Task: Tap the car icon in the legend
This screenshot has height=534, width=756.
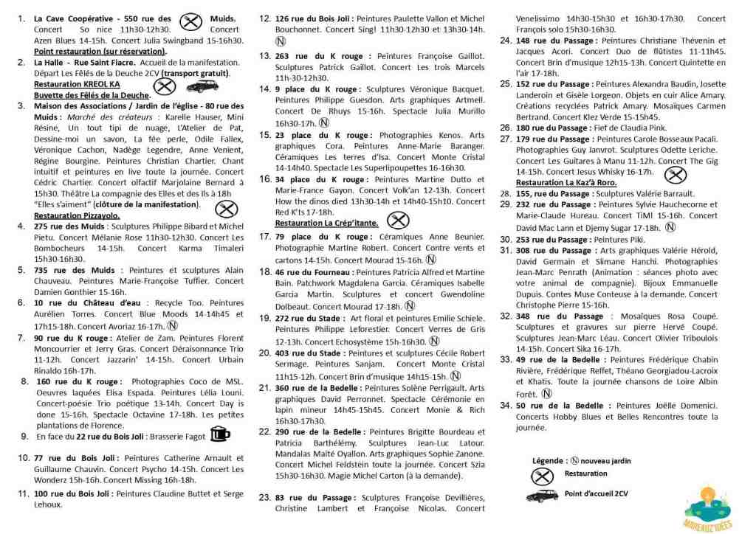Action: click(545, 493)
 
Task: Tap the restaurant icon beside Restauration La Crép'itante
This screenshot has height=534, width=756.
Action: click(399, 220)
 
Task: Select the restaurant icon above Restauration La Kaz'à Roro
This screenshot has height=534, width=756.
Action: click(673, 175)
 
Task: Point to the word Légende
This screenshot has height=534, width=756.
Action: click(549, 460)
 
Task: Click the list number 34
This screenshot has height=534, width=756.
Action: click(506, 405)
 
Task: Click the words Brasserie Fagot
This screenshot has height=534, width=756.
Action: click(176, 437)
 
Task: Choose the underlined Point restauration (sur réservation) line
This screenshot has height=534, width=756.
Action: click(100, 52)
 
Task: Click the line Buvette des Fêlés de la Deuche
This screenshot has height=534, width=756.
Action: click(92, 95)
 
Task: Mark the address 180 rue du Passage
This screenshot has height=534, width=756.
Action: click(561, 128)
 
